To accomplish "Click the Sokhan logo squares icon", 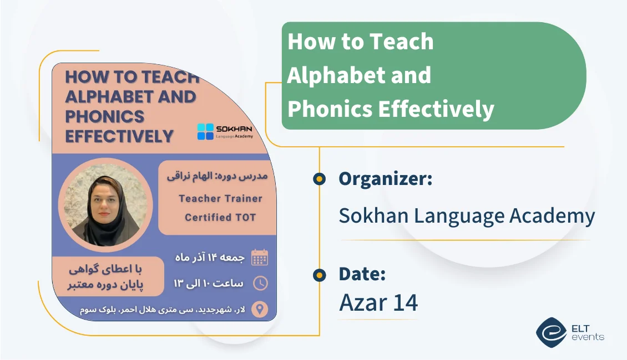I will tap(205, 132).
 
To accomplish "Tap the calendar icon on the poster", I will tap(260, 257).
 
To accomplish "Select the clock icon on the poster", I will tap(260, 283).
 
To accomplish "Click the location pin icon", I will tap(260, 308).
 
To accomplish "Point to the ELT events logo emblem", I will tap(551, 332).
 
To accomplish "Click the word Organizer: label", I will tap(386, 179).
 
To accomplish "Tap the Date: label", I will tap(362, 274).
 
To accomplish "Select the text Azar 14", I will tap(378, 302).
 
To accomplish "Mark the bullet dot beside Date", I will tap(319, 274).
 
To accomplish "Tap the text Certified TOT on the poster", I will tap(220, 217).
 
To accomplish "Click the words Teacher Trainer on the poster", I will tap(220, 198).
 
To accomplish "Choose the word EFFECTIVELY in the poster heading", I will tap(119, 136).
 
